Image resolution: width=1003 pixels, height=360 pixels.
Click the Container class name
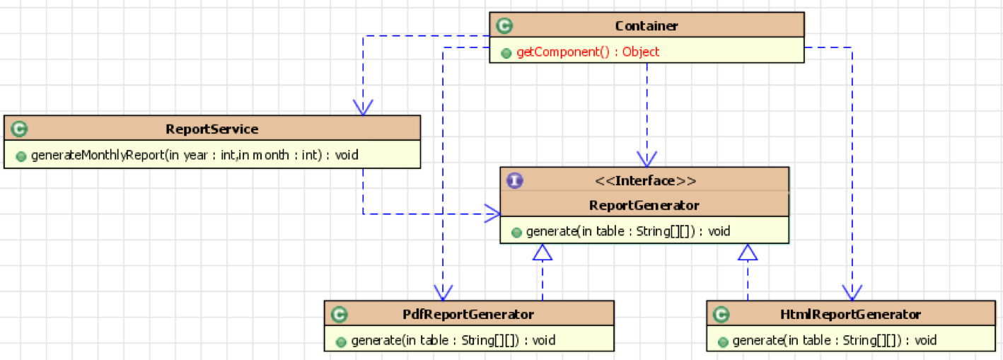(x=647, y=26)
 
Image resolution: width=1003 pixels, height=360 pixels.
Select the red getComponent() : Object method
(x=588, y=52)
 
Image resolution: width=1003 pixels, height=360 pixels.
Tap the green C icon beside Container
(x=504, y=26)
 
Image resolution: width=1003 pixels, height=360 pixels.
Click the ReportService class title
(x=211, y=129)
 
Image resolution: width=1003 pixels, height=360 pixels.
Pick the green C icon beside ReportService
(x=19, y=129)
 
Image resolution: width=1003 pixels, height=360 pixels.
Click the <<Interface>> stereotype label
(x=645, y=180)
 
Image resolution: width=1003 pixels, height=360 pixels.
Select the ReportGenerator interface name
(x=644, y=205)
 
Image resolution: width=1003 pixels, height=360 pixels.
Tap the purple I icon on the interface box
(x=514, y=180)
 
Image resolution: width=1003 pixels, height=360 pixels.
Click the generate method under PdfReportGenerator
(x=453, y=340)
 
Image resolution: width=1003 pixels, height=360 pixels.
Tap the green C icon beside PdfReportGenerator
(x=339, y=314)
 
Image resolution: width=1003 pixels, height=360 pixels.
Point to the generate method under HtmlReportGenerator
(x=834, y=340)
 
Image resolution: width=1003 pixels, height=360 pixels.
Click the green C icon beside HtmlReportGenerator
(x=721, y=314)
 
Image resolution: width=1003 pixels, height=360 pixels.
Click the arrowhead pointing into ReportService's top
(x=363, y=108)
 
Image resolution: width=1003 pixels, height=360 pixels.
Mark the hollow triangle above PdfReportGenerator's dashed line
(x=543, y=252)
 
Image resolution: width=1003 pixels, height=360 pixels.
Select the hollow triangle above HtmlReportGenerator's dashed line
(x=748, y=252)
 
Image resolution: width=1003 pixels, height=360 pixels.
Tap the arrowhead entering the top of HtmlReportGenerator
(x=852, y=293)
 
